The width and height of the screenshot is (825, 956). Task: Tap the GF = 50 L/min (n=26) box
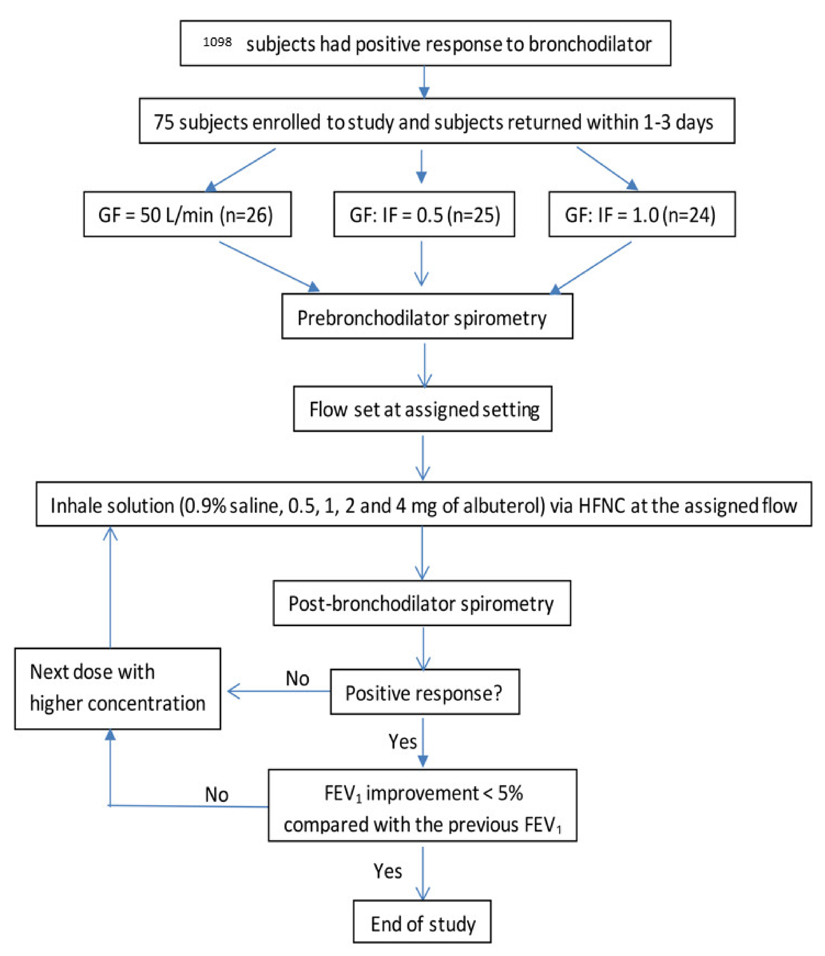click(x=187, y=215)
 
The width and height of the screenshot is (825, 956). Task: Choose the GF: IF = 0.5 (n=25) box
click(x=424, y=215)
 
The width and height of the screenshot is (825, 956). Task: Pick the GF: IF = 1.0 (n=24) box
click(x=642, y=215)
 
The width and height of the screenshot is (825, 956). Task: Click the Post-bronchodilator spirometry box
click(x=422, y=604)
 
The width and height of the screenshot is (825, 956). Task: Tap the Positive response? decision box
click(x=424, y=693)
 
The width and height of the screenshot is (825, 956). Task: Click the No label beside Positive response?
click(x=297, y=679)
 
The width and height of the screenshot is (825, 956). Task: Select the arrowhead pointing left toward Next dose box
click(x=233, y=691)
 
